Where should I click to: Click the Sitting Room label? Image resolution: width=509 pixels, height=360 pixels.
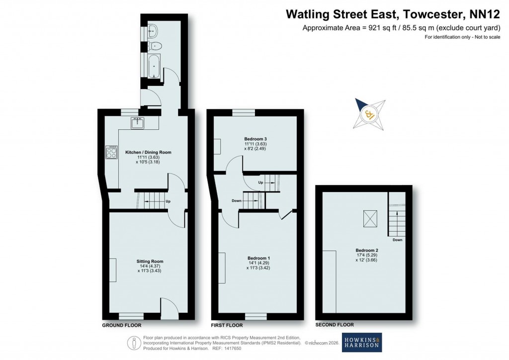tap(150, 261)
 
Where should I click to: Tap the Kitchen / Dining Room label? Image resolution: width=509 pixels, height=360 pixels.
tap(148, 152)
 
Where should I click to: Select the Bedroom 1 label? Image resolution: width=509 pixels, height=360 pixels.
tap(258, 258)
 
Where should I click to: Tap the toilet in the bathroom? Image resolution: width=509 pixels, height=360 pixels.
tap(156, 46)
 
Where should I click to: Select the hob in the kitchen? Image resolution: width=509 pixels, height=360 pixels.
tap(111, 152)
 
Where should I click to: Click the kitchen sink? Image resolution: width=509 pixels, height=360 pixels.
tap(137, 123)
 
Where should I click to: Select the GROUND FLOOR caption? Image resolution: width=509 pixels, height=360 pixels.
tap(122, 325)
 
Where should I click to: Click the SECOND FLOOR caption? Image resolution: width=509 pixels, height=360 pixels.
tap(335, 325)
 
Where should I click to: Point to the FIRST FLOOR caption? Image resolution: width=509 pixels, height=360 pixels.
tap(227, 325)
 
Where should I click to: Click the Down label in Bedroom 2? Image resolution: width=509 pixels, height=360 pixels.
tap(397, 240)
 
